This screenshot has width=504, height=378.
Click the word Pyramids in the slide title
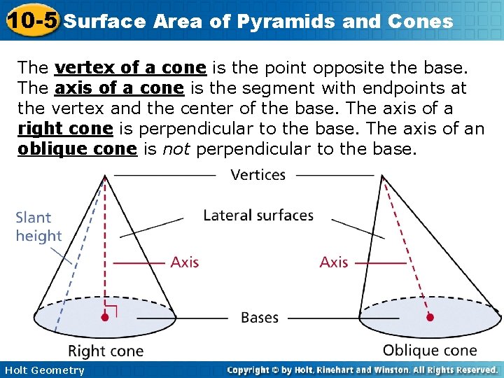point(288,21)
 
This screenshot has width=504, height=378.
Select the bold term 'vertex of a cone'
point(130,68)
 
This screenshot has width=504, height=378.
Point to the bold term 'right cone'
point(65,129)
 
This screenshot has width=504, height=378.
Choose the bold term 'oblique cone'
point(77,150)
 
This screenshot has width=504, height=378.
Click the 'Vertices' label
point(258,174)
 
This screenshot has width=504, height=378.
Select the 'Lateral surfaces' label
point(258,215)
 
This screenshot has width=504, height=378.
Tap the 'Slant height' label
point(38,227)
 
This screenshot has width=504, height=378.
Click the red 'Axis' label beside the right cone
point(185,262)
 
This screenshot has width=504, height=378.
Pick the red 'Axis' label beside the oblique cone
point(334,262)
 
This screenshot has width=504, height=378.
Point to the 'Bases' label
point(260,318)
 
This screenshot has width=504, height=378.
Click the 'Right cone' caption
point(106,351)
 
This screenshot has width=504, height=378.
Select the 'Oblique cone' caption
point(430,350)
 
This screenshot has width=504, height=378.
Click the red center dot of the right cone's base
point(104,317)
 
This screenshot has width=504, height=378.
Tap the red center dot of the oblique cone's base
point(430,317)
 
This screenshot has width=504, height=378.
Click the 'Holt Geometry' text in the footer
point(43,370)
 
